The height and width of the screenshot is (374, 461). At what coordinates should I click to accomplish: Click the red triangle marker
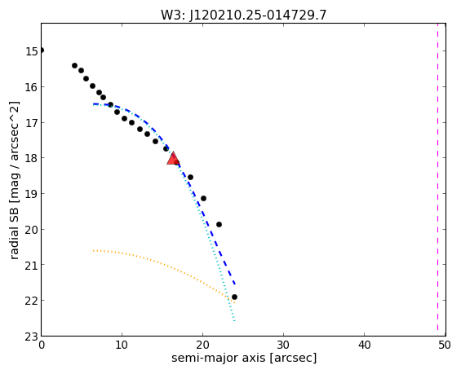[173, 159]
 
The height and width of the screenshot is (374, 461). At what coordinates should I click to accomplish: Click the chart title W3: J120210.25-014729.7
[243, 15]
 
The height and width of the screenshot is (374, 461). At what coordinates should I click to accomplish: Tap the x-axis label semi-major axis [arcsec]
[244, 359]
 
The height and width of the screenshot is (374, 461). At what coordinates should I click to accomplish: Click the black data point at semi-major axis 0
[42, 51]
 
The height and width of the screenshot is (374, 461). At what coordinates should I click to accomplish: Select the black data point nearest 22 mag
[234, 297]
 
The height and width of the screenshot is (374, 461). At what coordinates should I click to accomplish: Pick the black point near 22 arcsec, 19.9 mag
[219, 224]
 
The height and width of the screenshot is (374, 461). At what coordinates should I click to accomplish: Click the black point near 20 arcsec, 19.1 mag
[203, 199]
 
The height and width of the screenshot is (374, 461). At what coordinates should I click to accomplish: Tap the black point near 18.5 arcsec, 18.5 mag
[190, 177]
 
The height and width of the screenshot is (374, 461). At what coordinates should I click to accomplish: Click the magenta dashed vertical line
[438, 179]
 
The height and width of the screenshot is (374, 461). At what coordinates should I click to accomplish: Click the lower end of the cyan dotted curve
[234, 321]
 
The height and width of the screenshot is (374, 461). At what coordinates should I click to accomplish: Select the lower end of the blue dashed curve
[235, 284]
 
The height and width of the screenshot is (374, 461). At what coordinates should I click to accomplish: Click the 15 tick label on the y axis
[32, 51]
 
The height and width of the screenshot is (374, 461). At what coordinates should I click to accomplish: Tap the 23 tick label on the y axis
[32, 337]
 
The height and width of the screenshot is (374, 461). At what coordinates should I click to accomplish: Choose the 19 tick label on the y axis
[32, 194]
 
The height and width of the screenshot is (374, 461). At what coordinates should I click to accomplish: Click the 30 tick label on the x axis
[283, 345]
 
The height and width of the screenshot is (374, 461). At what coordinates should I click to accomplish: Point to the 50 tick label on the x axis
[445, 345]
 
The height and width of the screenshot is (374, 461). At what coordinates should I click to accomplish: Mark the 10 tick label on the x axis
[122, 345]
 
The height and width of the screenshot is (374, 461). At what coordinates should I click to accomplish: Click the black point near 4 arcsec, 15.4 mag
[75, 65]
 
